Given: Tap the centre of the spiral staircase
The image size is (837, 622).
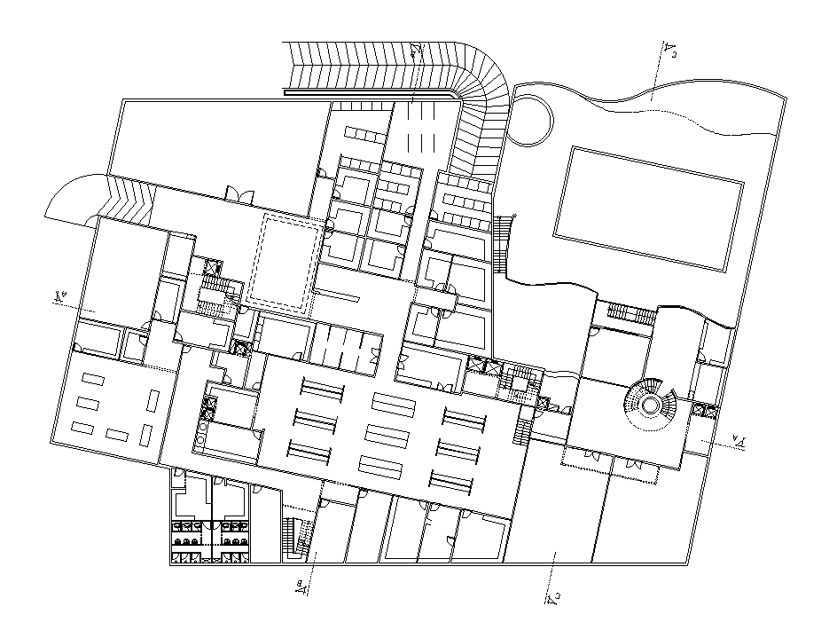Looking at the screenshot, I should point(650,405).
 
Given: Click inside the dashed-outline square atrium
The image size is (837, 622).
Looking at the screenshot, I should point(283,262).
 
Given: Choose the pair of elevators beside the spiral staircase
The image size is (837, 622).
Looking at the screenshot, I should point(706,409).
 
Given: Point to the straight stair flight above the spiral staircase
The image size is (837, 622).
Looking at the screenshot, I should point(630,312).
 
